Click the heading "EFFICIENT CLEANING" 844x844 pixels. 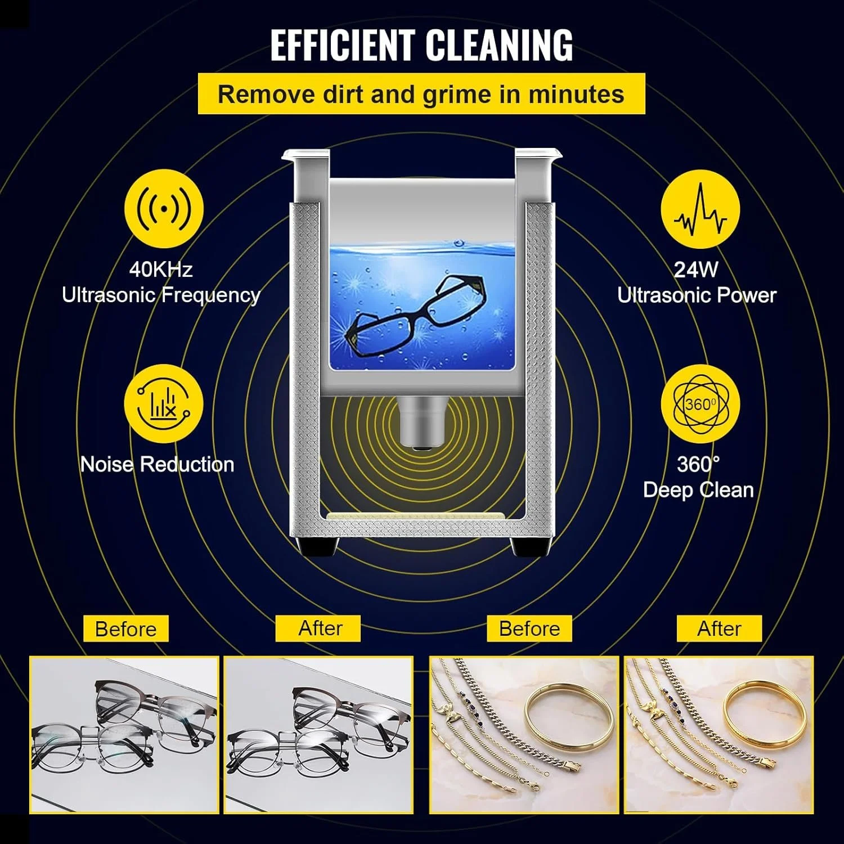(x=421, y=44)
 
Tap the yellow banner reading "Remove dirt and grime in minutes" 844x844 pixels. (x=421, y=94)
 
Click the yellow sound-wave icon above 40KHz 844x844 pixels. (x=164, y=209)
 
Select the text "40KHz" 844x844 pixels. (x=161, y=270)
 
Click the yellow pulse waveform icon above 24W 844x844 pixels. (x=700, y=209)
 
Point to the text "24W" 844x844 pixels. (x=696, y=270)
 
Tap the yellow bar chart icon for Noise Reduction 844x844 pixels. (x=164, y=403)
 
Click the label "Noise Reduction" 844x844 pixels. (x=157, y=464)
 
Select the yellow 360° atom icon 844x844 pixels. (x=700, y=405)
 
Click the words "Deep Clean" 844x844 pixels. (x=698, y=490)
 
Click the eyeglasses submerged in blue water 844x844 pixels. (x=416, y=315)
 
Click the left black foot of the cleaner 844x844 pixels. (x=318, y=546)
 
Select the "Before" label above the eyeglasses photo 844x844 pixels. (x=125, y=628)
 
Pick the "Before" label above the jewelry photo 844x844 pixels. (x=529, y=628)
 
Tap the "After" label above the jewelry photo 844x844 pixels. (x=719, y=628)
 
